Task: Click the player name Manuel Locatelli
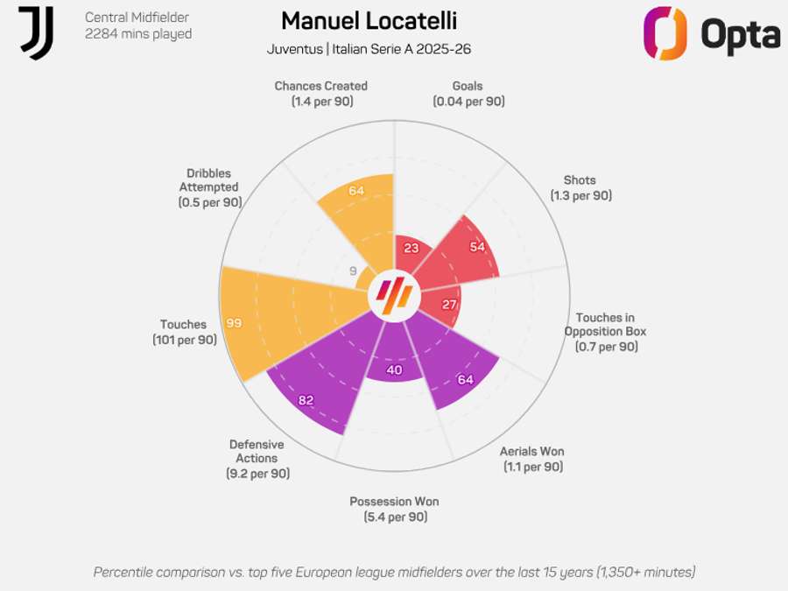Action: coord(369,21)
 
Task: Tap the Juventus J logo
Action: coord(37,33)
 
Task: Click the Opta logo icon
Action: coord(665,33)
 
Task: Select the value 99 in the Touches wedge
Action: coord(234,323)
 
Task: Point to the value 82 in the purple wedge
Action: coord(306,400)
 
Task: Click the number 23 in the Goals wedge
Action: coord(412,248)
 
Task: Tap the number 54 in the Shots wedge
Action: coord(477,247)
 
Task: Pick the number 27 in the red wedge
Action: coord(450,305)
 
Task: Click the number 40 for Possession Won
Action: coord(394,369)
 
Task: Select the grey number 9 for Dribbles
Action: coord(354,271)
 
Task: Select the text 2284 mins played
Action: coord(137,34)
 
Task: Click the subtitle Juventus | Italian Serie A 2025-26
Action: coord(369,49)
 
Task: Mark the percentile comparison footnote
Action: coord(394,572)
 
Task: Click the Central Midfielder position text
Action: coord(137,18)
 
